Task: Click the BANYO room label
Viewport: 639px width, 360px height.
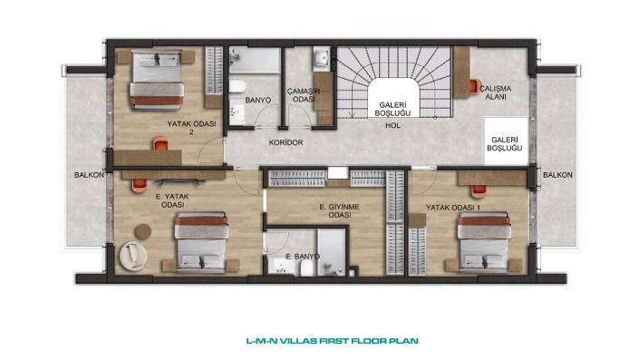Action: [x=258, y=100]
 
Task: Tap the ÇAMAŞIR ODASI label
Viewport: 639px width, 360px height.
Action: [x=304, y=95]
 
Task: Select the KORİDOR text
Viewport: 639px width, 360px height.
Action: [x=286, y=142]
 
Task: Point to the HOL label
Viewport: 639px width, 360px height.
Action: [x=392, y=125]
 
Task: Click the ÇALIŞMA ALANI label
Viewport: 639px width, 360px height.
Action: [x=495, y=92]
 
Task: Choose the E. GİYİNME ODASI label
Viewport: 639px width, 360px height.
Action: [x=340, y=210]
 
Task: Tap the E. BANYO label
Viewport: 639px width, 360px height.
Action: [x=303, y=257]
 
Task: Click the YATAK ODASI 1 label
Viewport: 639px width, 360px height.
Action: [x=453, y=208]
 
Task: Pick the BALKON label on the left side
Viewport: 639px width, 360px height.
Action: [x=89, y=175]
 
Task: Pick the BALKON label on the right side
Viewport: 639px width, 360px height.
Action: [x=557, y=174]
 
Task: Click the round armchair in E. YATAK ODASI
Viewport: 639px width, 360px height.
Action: [x=133, y=256]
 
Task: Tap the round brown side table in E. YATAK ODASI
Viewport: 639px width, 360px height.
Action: [x=143, y=231]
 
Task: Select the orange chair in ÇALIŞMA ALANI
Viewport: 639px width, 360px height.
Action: [x=473, y=86]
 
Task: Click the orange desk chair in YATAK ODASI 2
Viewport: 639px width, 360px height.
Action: [x=161, y=143]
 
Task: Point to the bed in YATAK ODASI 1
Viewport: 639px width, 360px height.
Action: [x=484, y=242]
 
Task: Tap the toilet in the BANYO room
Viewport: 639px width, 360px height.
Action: [x=237, y=86]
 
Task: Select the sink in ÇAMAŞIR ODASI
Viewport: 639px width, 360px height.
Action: [x=322, y=59]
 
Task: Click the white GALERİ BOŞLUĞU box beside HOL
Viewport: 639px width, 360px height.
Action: [x=506, y=141]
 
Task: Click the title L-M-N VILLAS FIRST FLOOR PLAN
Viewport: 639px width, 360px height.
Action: [x=333, y=341]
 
